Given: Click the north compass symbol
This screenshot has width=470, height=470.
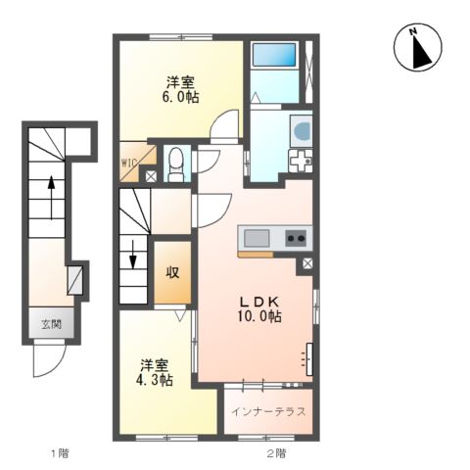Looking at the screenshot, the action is coord(417,47).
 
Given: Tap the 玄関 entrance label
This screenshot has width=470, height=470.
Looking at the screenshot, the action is coord(52,324).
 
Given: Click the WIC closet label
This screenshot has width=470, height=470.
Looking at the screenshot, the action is coord(130,162).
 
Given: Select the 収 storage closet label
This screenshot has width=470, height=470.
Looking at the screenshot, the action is coord(172,272).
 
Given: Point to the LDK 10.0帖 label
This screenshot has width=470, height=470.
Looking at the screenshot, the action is coord(259,308).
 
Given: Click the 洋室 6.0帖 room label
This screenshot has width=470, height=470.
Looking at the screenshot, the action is coord(181,89).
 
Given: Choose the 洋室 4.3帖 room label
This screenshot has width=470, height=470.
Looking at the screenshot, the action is coord(155,372).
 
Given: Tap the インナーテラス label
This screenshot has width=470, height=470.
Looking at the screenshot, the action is coord(268,412).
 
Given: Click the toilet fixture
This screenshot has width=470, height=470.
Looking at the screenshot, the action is coord(176,164).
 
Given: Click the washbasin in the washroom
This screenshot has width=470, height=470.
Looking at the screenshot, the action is coord(303,130).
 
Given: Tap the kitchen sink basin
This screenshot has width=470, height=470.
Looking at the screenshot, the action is coord(257,238).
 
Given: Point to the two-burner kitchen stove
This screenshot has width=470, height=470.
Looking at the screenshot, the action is coord(296,238).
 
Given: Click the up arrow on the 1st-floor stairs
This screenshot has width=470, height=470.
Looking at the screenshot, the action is coord(51,198).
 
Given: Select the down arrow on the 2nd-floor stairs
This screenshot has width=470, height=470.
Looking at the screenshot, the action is coord(133,255).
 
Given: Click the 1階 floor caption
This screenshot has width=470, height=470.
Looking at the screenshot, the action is coord(60,453).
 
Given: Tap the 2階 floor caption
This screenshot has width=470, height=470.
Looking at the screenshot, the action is coord(276,453).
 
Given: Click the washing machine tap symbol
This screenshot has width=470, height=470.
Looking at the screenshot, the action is coord(301,161).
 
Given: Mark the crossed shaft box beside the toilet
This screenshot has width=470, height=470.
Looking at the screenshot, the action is coord(151,176).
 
